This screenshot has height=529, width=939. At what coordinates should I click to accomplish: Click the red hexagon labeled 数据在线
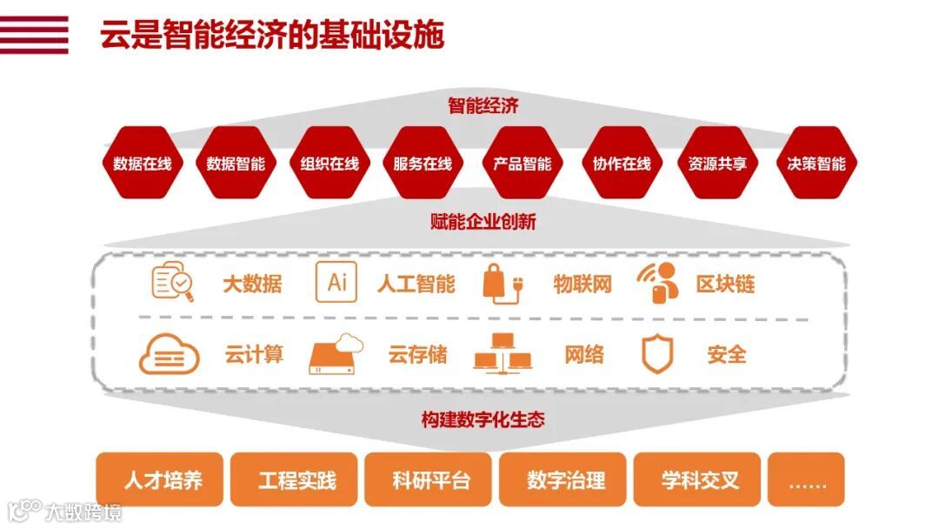click(x=142, y=164)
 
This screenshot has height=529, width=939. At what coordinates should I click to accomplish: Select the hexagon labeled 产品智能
click(x=522, y=164)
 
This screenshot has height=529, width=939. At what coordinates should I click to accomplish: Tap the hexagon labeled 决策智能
click(x=816, y=164)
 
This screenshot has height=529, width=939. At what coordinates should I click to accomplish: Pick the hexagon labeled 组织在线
click(x=330, y=164)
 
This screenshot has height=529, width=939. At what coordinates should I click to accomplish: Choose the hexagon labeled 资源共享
click(x=716, y=164)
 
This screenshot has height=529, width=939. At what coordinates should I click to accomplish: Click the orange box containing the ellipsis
click(x=806, y=479)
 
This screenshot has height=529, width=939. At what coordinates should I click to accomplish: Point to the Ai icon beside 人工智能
click(x=336, y=282)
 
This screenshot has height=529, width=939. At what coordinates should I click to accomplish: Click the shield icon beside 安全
click(x=657, y=354)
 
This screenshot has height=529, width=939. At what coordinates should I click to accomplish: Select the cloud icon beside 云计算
click(x=169, y=355)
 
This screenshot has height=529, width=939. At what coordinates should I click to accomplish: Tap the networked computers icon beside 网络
click(x=502, y=355)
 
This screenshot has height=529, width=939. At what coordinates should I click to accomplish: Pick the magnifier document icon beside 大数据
click(x=172, y=282)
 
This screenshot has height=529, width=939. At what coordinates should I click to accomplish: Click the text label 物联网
click(x=583, y=284)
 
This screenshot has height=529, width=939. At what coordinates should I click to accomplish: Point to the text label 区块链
click(x=725, y=284)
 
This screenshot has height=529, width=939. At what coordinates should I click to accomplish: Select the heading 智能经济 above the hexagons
click(x=483, y=106)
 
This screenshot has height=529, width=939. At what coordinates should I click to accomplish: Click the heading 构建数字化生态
click(x=483, y=419)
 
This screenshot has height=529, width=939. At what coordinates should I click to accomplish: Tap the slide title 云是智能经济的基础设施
click(x=272, y=36)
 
